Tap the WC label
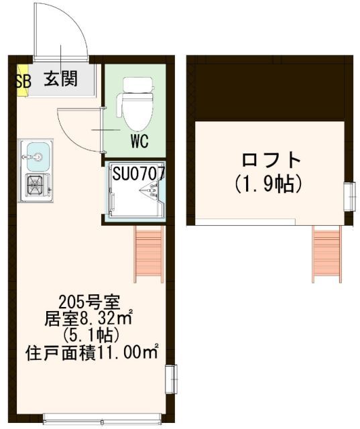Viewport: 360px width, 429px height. coord(139,142)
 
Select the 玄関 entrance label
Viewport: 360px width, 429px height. coord(61,79)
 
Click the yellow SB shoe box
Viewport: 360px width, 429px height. coord(21,80)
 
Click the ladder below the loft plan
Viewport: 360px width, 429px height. coord(326,253)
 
